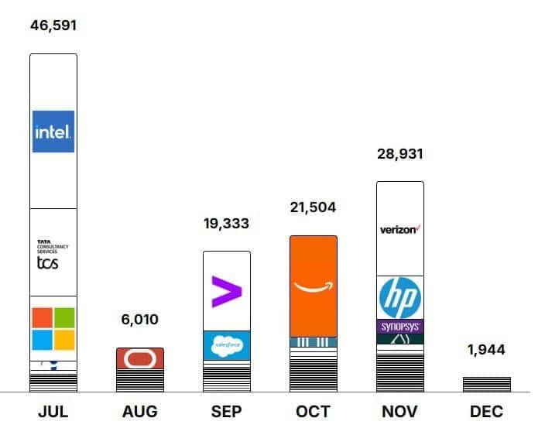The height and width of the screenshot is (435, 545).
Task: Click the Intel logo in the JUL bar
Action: coord(53,132)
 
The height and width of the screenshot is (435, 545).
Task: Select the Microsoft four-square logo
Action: coord(53,329)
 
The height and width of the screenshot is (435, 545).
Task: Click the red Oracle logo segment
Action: coord(139,358)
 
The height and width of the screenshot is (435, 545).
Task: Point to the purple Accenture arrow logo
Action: coord(226,292)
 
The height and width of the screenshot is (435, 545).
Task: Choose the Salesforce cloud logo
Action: coord(226,344)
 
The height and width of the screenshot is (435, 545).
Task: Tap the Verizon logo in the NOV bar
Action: coord(399,230)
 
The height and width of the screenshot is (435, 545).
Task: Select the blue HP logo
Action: coord(399,297)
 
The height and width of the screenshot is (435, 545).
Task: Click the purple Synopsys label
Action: coord(399,327)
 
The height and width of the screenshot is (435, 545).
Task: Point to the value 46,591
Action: coord(53,26)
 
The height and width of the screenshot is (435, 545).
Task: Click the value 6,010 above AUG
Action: coord(139,320)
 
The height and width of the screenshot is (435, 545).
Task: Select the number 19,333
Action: coord(226,223)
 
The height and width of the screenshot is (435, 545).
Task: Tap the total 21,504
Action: coord(313,207)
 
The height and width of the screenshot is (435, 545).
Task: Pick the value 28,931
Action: coord(399,154)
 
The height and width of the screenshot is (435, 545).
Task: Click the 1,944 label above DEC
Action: coord(486,350)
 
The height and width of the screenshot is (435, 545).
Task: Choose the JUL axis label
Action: coord(53,412)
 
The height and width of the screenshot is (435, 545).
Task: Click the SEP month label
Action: coord(226,412)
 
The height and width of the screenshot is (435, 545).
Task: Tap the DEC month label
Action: coord(486,412)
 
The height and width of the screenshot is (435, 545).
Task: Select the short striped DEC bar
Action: coord(486,385)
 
